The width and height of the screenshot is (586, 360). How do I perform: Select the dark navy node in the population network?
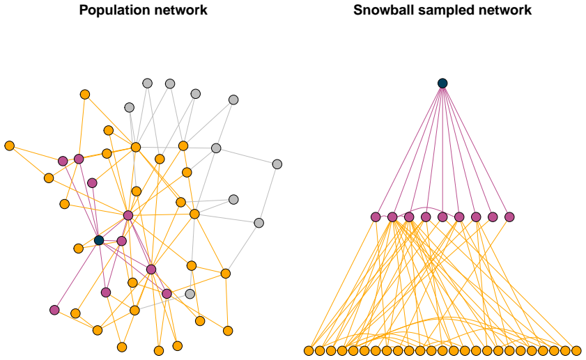99,240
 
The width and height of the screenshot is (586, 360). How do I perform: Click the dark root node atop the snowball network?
442,83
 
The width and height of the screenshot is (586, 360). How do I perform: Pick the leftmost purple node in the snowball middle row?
376,217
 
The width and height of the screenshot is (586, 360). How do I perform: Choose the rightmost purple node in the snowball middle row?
509,217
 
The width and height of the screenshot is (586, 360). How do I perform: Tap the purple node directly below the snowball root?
442,217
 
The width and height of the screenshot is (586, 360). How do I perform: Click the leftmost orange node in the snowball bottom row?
309,351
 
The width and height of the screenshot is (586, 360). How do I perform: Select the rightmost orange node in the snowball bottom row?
576,351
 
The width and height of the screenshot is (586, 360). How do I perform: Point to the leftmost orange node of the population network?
9,146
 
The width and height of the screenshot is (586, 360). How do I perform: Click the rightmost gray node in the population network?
277,164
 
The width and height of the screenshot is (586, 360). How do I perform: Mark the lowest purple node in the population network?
54,310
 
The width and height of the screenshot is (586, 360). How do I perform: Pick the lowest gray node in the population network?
190,294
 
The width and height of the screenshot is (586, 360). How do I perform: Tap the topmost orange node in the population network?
85,95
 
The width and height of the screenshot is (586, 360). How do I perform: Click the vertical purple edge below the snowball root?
442,150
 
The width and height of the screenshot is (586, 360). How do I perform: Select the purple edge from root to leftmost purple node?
409,150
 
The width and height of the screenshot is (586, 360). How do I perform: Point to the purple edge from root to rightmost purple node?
476,150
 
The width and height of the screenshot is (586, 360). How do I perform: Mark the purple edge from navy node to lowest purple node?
77,275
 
